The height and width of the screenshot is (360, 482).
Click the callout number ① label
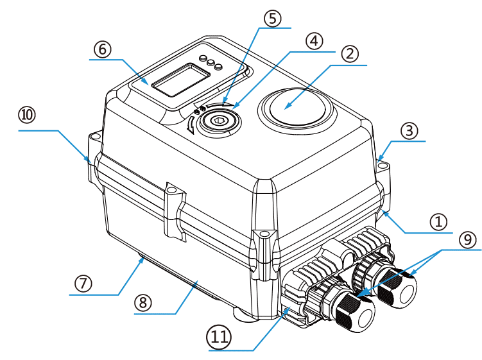438,221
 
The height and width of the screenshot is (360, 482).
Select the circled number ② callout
349,54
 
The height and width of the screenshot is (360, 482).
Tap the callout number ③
409,131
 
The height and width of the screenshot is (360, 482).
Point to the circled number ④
313,40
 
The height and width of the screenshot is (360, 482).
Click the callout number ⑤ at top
272,18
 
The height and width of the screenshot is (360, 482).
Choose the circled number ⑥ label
102,49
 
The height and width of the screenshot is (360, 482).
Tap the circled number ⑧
142,302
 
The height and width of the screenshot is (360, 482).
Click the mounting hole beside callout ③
384,166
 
